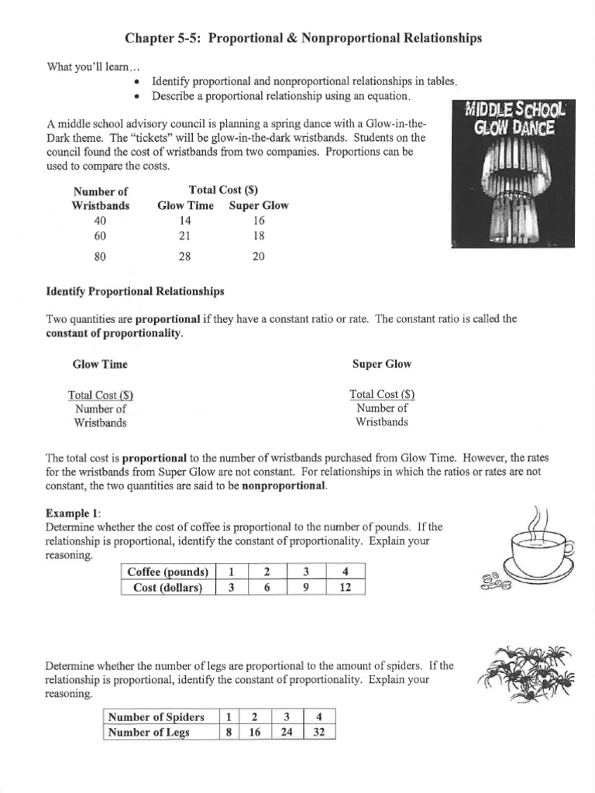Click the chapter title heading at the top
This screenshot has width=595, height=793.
(303, 38)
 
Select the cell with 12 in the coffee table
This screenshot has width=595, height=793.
(346, 588)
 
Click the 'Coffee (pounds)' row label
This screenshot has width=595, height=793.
(168, 572)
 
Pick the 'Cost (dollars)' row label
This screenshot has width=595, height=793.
(168, 588)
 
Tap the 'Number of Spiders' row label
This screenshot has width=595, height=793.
(156, 717)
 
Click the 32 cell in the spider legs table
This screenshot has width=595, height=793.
(318, 733)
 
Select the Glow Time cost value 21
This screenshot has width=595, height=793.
(185, 235)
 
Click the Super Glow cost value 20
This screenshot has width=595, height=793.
(259, 256)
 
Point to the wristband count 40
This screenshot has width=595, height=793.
(100, 220)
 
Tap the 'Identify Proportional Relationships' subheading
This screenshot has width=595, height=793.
(136, 291)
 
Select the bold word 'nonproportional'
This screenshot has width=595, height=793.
(284, 486)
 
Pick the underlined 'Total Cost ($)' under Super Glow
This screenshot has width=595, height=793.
(382, 394)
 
